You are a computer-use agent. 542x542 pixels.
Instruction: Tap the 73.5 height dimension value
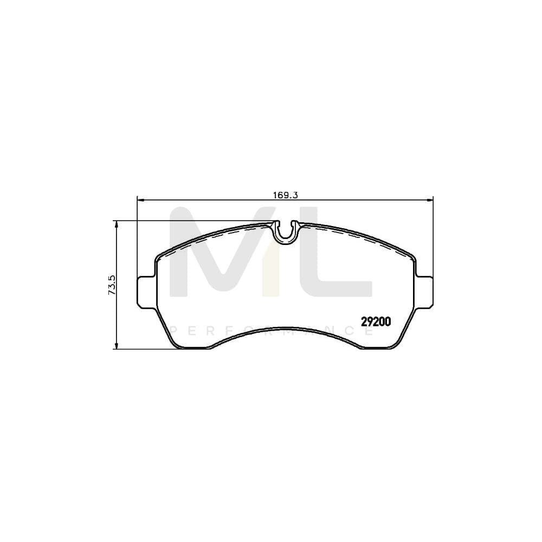tap(112, 285)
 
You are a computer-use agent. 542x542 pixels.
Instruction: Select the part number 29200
tap(376, 321)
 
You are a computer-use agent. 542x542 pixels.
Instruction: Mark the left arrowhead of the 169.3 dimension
tap(140, 200)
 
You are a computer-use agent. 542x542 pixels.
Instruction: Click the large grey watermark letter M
tap(217, 255)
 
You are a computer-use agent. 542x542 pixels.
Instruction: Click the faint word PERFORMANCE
tap(271, 330)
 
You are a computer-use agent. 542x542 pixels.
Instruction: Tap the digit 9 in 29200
tap(370, 321)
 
